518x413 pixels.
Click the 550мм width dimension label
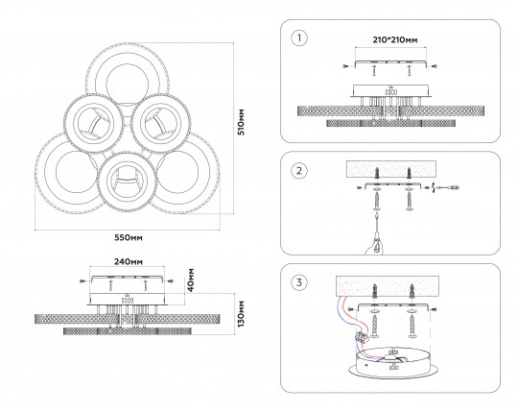[129, 237]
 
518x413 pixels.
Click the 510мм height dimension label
[242, 122]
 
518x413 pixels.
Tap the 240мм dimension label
[129, 262]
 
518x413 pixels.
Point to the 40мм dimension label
[191, 280]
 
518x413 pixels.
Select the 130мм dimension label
[241, 314]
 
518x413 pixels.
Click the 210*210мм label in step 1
[395, 40]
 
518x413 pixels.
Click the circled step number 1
[299, 38]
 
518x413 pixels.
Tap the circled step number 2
[299, 171]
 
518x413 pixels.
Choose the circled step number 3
[299, 282]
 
